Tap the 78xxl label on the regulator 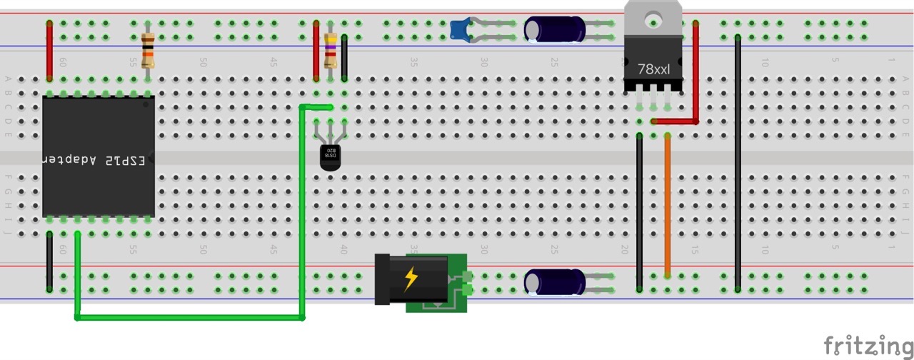pyautogui.click(x=653, y=70)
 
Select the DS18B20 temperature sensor pyautogui.click(x=330, y=157)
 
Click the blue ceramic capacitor pyautogui.click(x=459, y=28)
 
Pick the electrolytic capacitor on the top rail pyautogui.click(x=555, y=29)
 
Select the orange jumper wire pyautogui.click(x=668, y=204)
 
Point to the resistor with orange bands pyautogui.click(x=148, y=50)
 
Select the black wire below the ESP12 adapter pyautogui.click(x=49, y=261)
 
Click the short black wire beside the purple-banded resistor pyautogui.click(x=344, y=59)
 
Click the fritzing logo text pyautogui.click(x=868, y=345)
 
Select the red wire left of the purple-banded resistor pyautogui.click(x=316, y=51)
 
